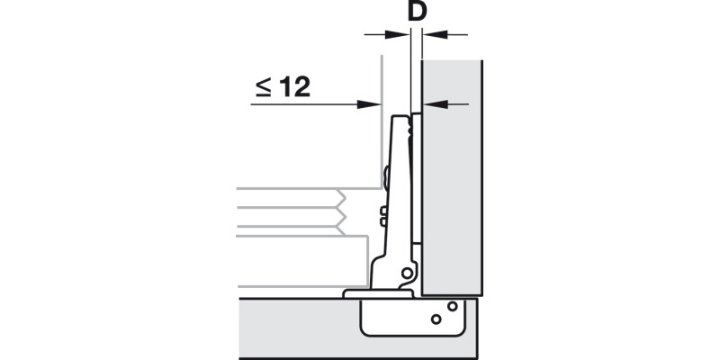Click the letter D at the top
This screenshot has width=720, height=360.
[x=417, y=13]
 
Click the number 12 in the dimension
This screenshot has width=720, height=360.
[x=294, y=86]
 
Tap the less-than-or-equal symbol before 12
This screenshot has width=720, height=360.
[x=262, y=87]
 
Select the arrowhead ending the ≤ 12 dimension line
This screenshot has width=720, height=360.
[x=370, y=104]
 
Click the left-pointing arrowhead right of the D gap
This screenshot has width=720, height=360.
[x=434, y=34]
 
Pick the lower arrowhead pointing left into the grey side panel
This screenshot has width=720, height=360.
[x=434, y=105]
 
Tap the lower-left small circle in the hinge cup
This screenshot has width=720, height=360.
[x=436, y=319]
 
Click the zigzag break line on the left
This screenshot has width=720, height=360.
[x=342, y=212]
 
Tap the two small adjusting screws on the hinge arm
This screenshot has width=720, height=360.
[x=383, y=216]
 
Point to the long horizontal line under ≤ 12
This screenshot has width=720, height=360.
[x=306, y=104]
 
